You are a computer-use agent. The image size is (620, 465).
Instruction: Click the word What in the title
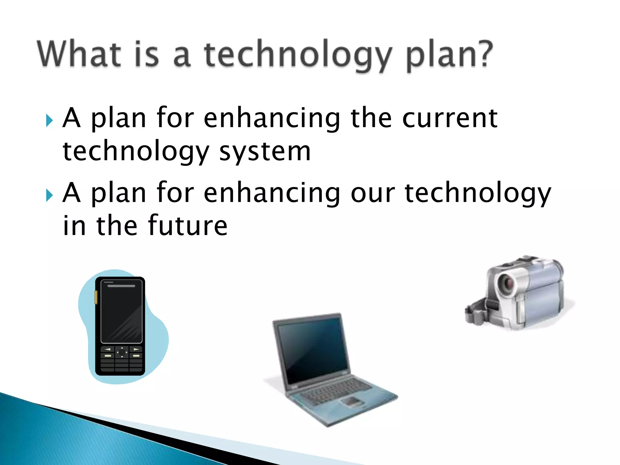79,54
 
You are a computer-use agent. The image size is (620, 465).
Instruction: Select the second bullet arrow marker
49,195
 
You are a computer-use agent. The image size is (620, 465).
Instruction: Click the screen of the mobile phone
121,312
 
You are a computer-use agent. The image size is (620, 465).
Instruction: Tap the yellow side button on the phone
96,297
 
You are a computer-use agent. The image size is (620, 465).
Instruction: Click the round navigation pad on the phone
122,352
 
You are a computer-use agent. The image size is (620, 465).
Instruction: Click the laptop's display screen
312,348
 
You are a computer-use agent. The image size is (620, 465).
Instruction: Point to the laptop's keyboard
336,391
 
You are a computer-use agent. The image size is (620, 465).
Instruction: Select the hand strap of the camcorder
478,312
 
